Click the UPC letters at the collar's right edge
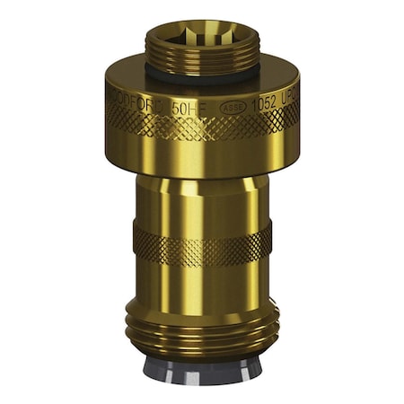tap(289, 92)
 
